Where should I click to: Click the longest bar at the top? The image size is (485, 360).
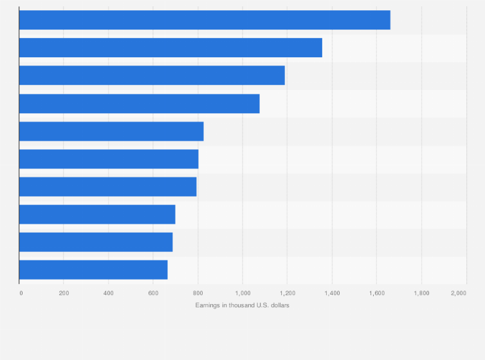(205, 20)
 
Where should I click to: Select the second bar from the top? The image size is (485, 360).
(170, 48)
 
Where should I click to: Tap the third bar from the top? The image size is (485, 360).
(152, 75)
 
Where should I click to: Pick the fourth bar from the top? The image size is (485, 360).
(139, 104)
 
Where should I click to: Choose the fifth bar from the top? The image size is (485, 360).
(111, 131)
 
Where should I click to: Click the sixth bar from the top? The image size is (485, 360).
(109, 159)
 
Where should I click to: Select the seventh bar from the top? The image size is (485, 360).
(107, 186)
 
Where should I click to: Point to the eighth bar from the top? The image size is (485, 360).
(97, 214)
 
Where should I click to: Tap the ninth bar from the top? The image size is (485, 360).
(96, 242)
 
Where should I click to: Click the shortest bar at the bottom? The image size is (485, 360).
(93, 269)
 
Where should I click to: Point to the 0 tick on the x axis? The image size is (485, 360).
(21, 293)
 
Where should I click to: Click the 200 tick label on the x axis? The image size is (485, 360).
(64, 293)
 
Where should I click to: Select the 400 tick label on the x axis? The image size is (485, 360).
(108, 293)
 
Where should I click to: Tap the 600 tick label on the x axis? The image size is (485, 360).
(153, 293)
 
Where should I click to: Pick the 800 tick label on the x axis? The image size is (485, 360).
(197, 293)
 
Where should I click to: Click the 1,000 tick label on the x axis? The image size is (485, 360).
(242, 293)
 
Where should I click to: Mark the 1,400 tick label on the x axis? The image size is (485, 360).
(331, 293)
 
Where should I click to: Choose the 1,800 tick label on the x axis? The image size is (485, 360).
(421, 293)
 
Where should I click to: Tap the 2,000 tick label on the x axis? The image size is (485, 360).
(459, 293)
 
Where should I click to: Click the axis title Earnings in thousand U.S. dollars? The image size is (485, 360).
(243, 305)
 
